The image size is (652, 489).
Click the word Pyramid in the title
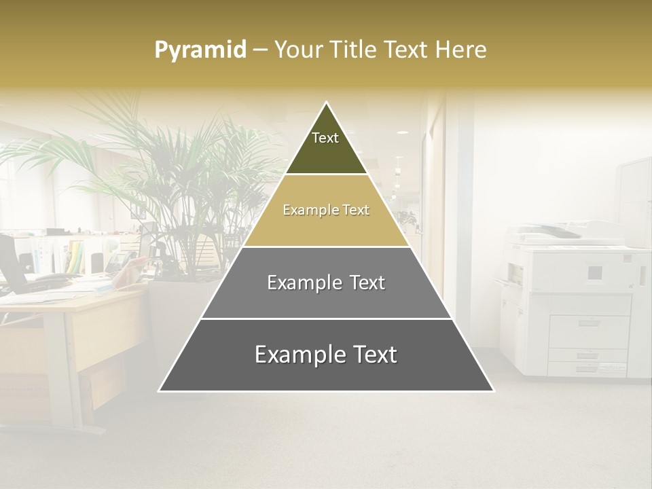pyautogui.click(x=200, y=50)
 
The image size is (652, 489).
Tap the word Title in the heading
pyautogui.click(x=354, y=50)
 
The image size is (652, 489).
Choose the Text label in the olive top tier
pyautogui.click(x=325, y=139)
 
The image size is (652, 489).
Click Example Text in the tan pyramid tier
pyautogui.click(x=326, y=211)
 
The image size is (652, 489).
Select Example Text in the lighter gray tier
pyautogui.click(x=326, y=283)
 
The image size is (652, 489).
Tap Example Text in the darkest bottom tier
pyautogui.click(x=326, y=355)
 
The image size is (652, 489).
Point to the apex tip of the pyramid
pyautogui.click(x=327, y=103)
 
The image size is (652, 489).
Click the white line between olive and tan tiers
pyautogui.click(x=326, y=175)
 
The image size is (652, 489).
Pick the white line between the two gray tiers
pyautogui.click(x=326, y=319)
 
